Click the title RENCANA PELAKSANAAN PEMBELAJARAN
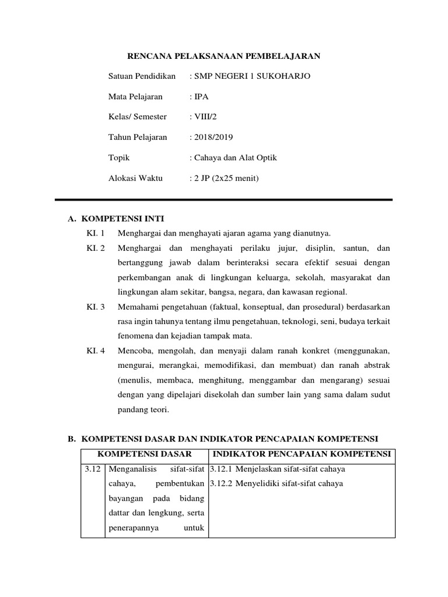[224, 56]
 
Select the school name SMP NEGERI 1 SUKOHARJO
[253, 76]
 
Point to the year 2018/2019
[213, 137]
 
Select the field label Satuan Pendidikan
[142, 76]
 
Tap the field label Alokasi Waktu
[135, 178]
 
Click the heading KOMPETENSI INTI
[123, 219]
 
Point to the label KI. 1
[94, 233]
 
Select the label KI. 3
[94, 307]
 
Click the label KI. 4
[94, 351]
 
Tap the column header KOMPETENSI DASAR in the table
[144, 454]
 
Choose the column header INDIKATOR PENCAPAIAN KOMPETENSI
[302, 454]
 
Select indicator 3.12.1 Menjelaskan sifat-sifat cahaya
[277, 469]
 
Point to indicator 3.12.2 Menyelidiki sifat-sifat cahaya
[276, 483]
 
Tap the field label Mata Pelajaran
[135, 97]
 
